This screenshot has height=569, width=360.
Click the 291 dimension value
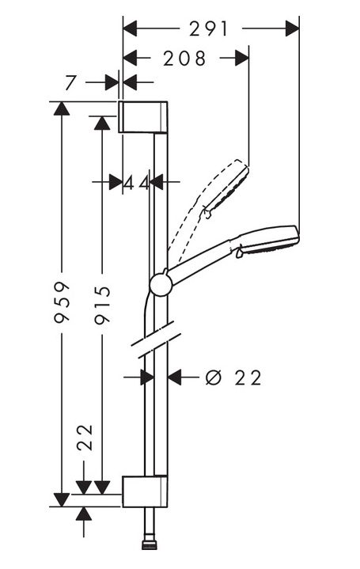tap(209, 29)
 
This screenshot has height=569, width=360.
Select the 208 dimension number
tap(184, 58)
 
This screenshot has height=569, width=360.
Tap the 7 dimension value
tap(70, 82)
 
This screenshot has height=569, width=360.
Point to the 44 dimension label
tap(136, 183)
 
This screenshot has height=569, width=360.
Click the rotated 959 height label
tap(62, 302)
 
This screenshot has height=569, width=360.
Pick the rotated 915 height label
tap(102, 305)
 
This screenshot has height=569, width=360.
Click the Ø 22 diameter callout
tap(233, 377)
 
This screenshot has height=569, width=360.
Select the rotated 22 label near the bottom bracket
tap(85, 437)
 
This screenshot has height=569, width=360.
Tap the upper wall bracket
tap(143, 117)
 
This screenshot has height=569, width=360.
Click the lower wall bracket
tap(145, 491)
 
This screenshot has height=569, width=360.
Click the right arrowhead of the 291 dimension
tap(292, 28)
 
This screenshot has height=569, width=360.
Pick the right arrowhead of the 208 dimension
tap(242, 58)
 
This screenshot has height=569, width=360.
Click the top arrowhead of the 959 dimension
tap(62, 108)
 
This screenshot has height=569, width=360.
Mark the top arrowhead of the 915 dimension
tap(102, 123)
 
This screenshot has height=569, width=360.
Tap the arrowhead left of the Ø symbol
tap(175, 377)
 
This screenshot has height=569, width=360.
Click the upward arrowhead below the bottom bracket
tap(84, 514)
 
